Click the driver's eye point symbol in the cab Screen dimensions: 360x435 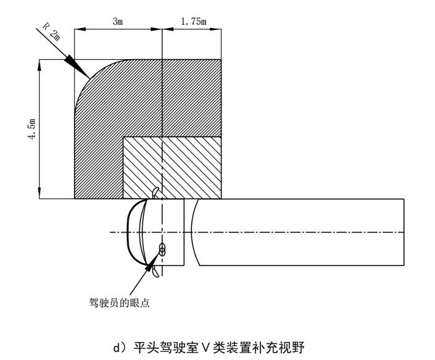162,249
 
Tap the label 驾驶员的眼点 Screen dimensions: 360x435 120,303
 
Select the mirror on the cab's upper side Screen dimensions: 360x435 155,191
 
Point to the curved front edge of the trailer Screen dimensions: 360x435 193,232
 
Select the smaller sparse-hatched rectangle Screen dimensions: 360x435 173,167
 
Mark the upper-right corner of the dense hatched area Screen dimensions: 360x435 222,60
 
